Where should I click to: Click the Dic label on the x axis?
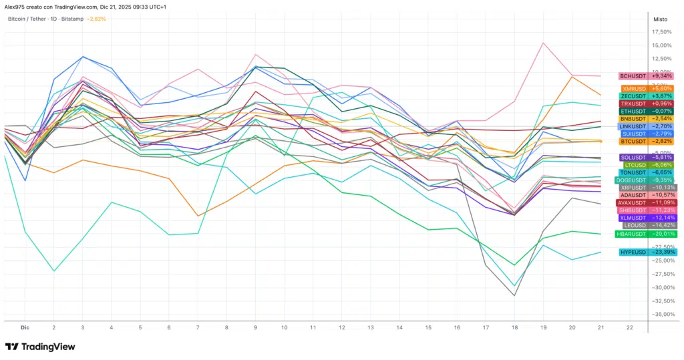(25, 328)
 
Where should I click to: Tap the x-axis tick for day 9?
(255, 328)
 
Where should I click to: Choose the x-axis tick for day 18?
(514, 328)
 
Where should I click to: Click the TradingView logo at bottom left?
(40, 347)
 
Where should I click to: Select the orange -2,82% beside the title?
(97, 19)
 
